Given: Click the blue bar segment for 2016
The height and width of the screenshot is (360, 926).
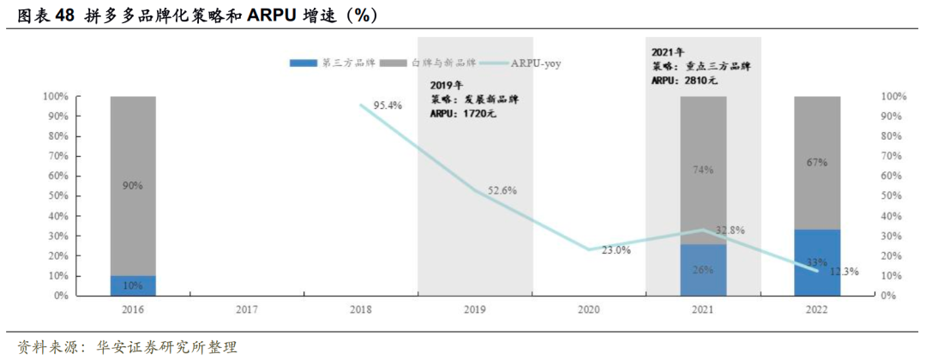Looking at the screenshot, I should click(x=133, y=285).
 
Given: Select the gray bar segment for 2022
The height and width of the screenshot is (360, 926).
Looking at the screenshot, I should click(x=817, y=163).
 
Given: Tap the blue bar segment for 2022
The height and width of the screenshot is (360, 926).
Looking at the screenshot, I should click(x=817, y=262).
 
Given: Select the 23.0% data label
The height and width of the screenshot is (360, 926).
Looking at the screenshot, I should click(x=616, y=250).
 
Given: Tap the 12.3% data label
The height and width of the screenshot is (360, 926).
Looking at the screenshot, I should click(x=845, y=272).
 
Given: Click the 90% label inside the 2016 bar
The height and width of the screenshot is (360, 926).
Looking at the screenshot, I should click(x=133, y=185).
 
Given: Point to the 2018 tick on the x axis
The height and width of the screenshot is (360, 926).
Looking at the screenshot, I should click(x=361, y=309).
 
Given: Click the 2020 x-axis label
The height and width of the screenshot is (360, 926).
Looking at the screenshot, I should click(x=589, y=309).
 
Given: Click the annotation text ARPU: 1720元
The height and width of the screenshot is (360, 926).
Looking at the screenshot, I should click(x=463, y=112).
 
